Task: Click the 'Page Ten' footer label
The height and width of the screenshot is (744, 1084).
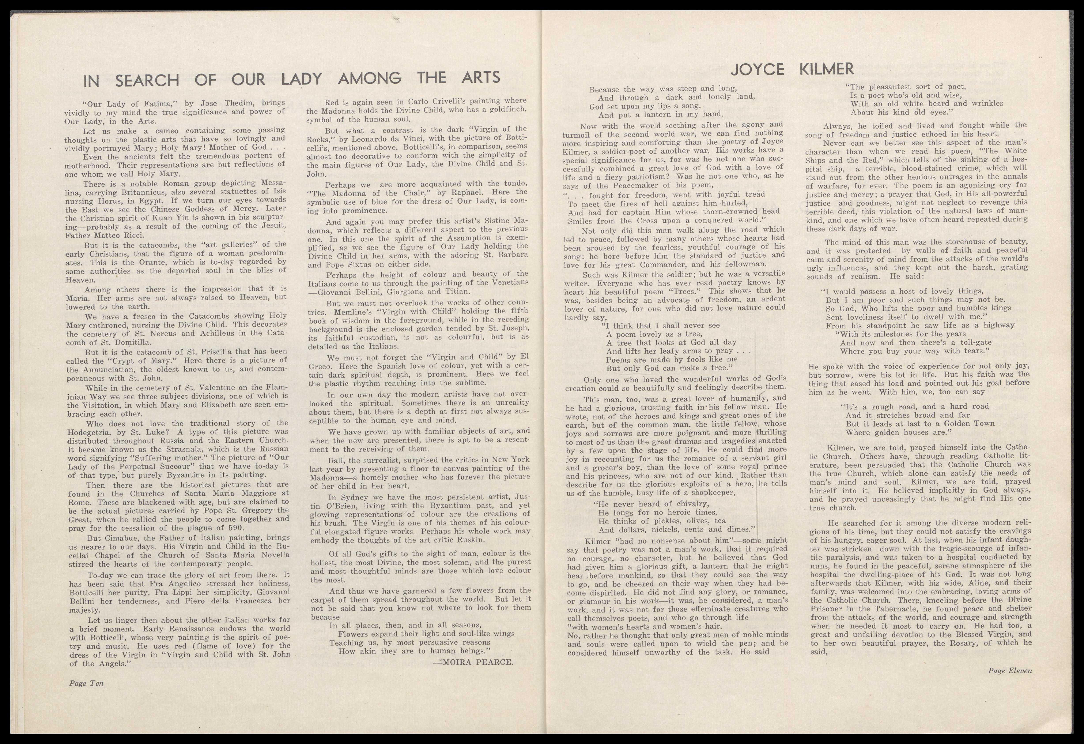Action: [86, 683]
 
